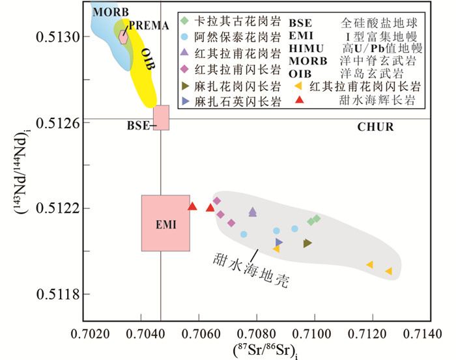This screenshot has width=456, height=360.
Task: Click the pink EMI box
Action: click(165, 223)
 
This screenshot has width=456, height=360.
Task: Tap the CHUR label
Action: click(376, 128)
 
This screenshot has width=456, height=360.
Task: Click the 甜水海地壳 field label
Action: click(250, 270)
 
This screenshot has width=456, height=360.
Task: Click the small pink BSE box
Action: click(161, 117)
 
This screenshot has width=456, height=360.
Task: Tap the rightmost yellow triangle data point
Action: click(388, 271)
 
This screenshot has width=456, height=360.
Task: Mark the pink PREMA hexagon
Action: click(123, 36)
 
